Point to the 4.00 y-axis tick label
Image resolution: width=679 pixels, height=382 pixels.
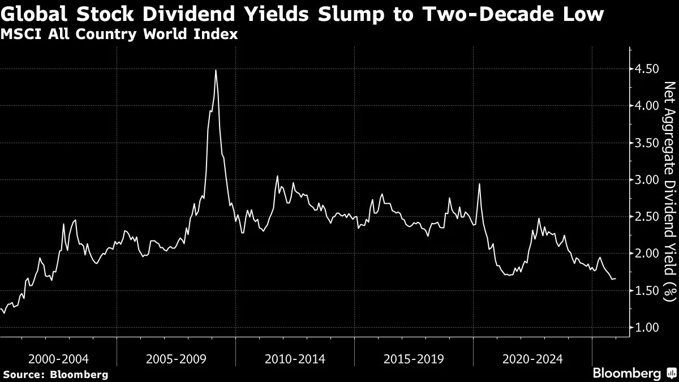point(647,105)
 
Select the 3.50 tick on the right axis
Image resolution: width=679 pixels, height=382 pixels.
point(647,143)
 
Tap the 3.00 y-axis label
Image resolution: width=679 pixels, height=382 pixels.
point(647,179)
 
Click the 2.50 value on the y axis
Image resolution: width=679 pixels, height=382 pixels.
point(647,217)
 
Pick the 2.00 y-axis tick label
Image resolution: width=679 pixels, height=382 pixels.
point(647,254)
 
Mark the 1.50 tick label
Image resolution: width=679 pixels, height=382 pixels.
point(647,290)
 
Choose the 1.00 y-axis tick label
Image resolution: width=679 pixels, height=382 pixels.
point(647,328)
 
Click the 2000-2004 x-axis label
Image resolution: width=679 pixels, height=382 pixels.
point(58,359)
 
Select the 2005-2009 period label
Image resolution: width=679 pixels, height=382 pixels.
point(177,359)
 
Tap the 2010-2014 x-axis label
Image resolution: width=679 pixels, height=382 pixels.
point(295,359)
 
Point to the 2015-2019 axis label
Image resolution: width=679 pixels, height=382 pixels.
point(414,359)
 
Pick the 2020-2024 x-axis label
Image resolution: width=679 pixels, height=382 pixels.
point(532,359)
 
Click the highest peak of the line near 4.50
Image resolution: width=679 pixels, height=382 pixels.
point(216,70)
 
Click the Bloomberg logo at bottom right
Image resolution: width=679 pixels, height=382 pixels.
point(634,373)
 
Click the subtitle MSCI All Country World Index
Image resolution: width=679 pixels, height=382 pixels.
point(119,34)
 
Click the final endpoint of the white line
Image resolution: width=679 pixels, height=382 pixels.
point(616,278)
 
